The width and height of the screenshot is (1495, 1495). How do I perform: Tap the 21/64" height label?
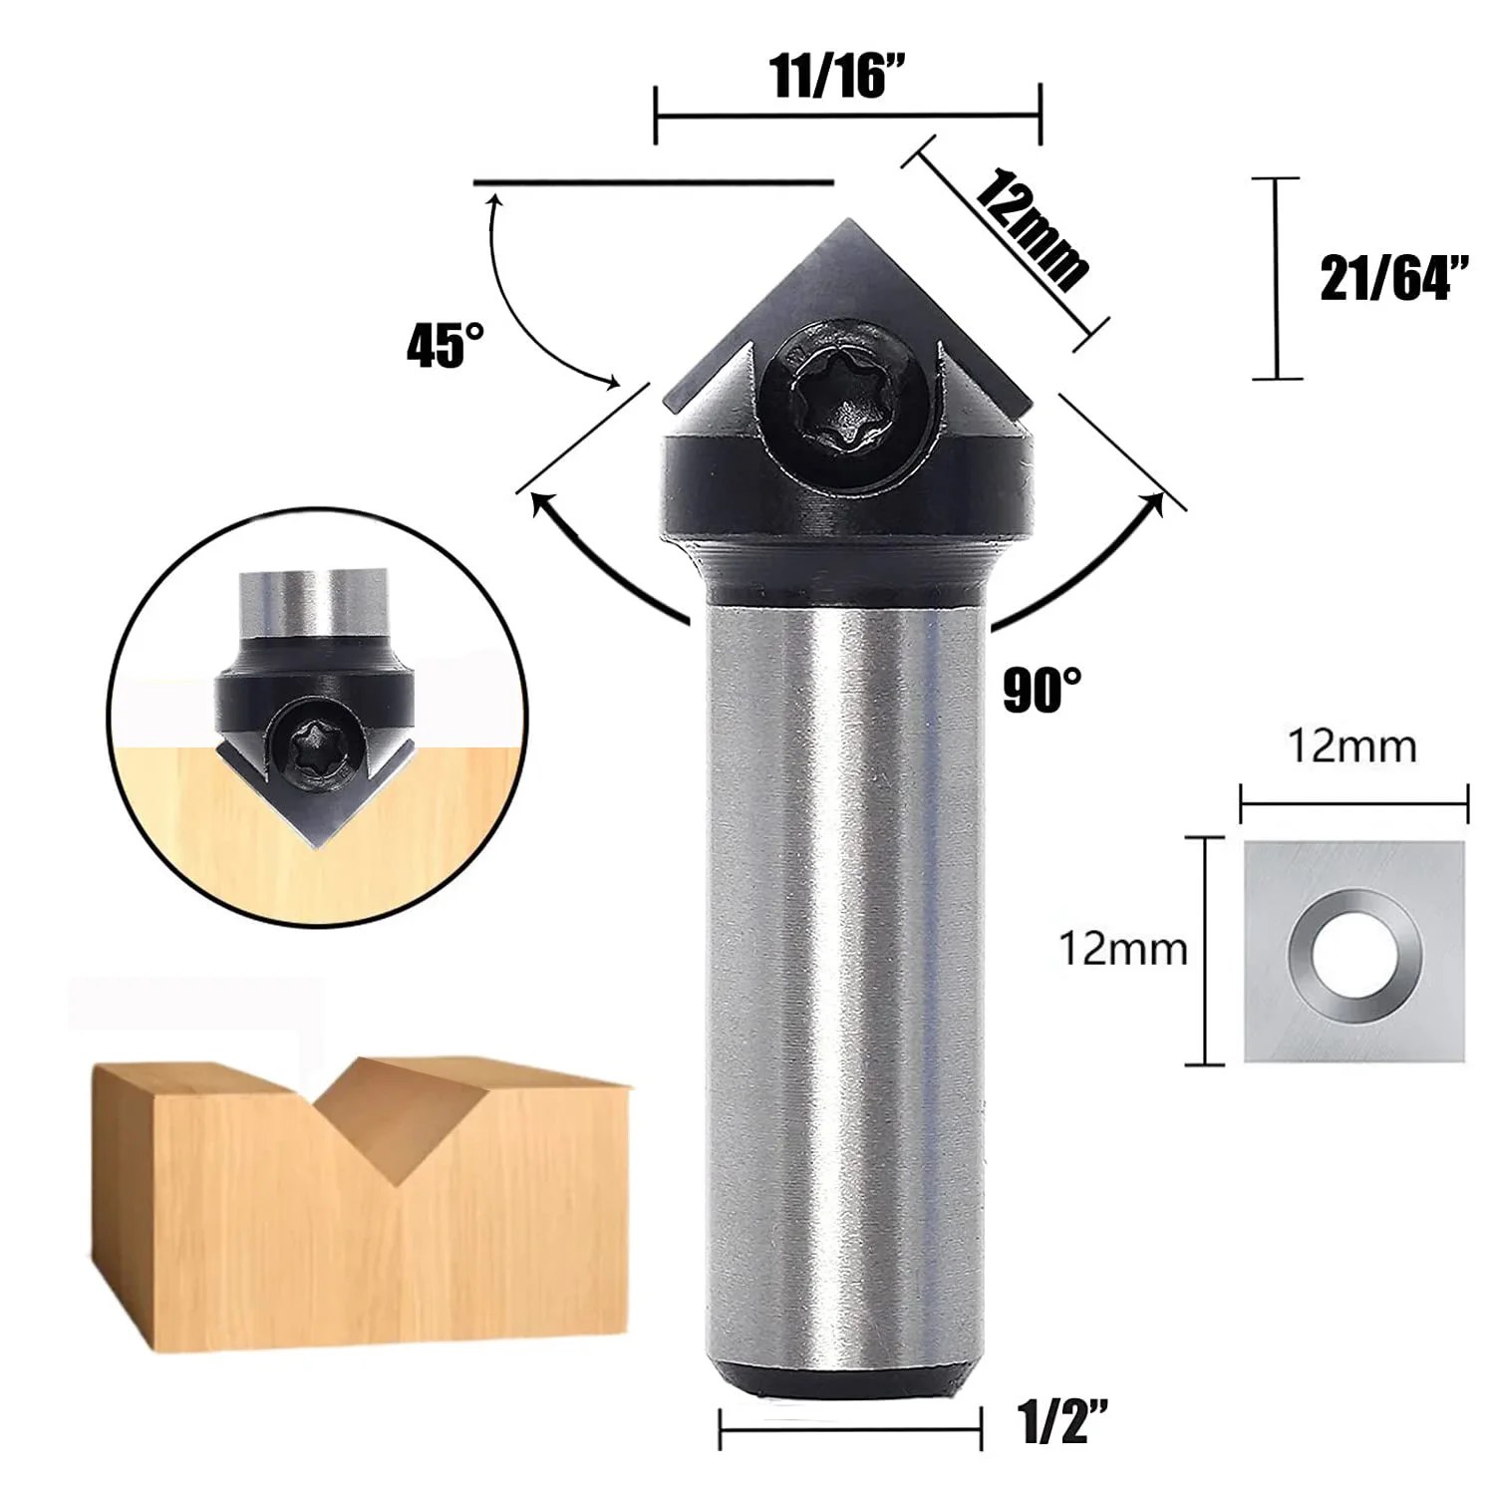1394,278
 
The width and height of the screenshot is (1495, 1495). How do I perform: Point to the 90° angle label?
1042,690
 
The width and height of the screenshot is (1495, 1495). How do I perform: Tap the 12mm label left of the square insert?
1122,949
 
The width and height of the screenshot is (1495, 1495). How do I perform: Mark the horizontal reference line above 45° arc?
653,183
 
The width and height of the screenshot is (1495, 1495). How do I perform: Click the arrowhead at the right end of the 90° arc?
1156,503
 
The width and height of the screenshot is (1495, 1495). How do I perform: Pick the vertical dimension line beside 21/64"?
1276,278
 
